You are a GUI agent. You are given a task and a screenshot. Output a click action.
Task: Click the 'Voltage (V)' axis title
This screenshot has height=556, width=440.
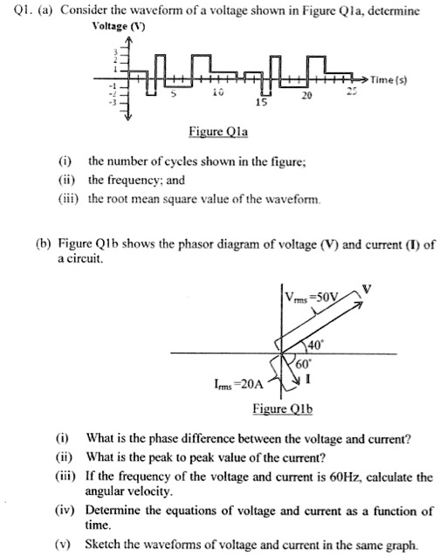point(121,25)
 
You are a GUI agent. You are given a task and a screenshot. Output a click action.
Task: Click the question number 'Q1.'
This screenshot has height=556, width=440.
point(18,10)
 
